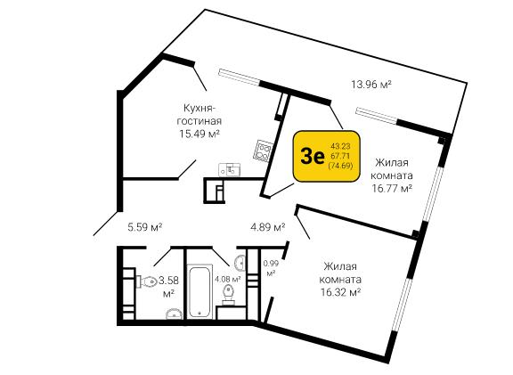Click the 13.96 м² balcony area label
pyautogui.click(x=371, y=85)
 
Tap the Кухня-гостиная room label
pyautogui.click(x=199, y=114)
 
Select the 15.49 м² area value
pyautogui.click(x=199, y=134)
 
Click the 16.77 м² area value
pyautogui.click(x=391, y=189)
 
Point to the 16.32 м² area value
pyautogui.click(x=340, y=292)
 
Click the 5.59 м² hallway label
pyautogui.click(x=145, y=227)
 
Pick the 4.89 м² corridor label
pyautogui.click(x=267, y=227)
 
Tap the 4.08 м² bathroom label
pyautogui.click(x=228, y=279)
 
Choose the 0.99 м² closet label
pyautogui.click(x=271, y=268)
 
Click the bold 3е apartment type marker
pyautogui.click(x=313, y=157)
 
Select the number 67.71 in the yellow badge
pyautogui.click(x=340, y=156)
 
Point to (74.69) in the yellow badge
pyautogui.click(x=340, y=166)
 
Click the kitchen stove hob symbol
pyautogui.click(x=264, y=151)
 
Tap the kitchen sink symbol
pyautogui.click(x=229, y=170)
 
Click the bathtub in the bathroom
pyautogui.click(x=199, y=292)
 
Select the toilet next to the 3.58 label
pyautogui.click(x=147, y=281)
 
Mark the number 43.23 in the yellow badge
pyautogui.click(x=340, y=147)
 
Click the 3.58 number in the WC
pyautogui.click(x=169, y=280)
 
